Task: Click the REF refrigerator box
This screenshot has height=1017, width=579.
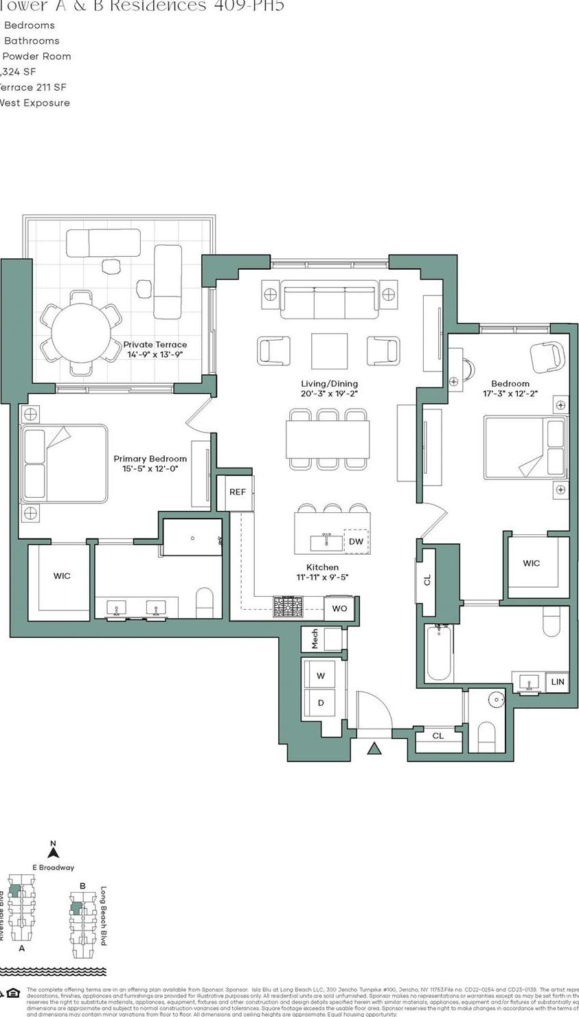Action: click(x=237, y=492)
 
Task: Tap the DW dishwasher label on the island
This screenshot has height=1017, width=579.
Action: click(x=356, y=541)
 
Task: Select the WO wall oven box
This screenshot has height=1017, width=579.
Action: click(x=339, y=608)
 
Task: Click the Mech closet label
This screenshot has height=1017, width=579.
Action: click(x=315, y=639)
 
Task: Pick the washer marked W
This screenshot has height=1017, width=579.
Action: click(x=321, y=676)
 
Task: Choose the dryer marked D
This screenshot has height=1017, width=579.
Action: click(x=321, y=703)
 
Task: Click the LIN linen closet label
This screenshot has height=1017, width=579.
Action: click(x=558, y=681)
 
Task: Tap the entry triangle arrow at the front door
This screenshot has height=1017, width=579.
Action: click(x=374, y=749)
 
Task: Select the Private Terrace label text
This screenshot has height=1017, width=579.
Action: click(x=155, y=345)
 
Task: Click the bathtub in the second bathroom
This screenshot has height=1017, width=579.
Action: click(x=439, y=652)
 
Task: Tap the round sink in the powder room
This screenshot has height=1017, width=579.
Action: click(x=497, y=700)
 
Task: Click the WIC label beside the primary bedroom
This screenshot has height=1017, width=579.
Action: click(x=62, y=575)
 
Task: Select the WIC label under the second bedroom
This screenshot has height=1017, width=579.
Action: click(x=531, y=563)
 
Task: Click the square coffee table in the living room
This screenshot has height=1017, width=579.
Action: click(x=329, y=351)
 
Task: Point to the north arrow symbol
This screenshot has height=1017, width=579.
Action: click(x=54, y=852)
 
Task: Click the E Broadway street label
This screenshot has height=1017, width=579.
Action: click(x=53, y=867)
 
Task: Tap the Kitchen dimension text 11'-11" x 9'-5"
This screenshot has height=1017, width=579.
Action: click(x=322, y=578)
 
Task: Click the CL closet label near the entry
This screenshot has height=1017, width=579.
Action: click(x=438, y=735)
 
